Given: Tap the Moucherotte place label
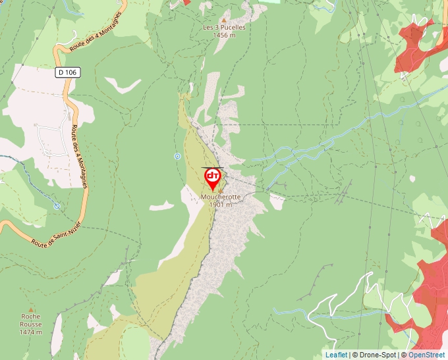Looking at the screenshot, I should (x=220, y=197).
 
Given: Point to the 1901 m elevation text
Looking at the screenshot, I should (x=220, y=205).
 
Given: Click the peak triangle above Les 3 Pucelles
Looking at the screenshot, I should (x=223, y=20).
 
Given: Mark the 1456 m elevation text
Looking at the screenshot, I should (x=224, y=36).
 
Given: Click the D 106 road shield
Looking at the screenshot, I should (x=67, y=72).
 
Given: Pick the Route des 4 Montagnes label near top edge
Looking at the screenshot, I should (x=96, y=32).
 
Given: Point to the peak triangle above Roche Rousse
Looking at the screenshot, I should (x=30, y=309).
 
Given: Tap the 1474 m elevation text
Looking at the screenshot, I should (x=31, y=332).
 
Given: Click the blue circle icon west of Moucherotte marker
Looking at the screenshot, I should (x=177, y=156).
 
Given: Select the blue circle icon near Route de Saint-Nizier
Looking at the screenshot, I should (x=57, y=206).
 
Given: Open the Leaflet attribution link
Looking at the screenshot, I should (x=336, y=355).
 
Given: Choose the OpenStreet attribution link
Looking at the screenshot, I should (x=426, y=355).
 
